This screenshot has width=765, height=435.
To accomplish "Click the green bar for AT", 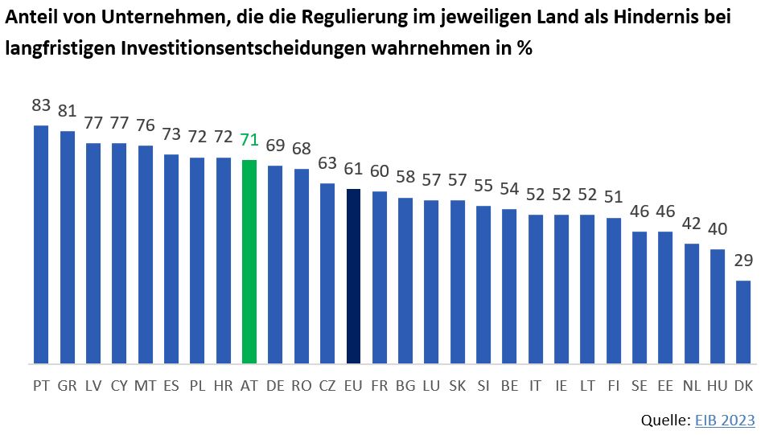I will point(249,261).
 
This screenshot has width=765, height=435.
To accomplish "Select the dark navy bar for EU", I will point(353,276).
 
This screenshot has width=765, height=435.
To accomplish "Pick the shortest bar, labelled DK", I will point(743,322).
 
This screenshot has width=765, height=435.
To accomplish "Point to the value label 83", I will point(41,105).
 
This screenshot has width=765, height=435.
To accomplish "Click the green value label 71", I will point(249,140).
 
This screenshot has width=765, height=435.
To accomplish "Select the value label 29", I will point(743,261).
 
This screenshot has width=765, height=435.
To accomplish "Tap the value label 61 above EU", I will point(353,169).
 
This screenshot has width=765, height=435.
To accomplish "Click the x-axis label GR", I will point(68,386).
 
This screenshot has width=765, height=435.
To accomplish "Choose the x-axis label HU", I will point(718,386).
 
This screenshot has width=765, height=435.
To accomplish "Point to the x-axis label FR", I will point(380,386).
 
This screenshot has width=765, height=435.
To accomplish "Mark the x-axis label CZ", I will point(327,386).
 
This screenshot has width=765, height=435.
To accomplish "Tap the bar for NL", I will point(692,303).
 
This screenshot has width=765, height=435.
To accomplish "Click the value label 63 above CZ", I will point(327,164).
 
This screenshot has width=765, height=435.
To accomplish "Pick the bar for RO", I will point(302,266).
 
